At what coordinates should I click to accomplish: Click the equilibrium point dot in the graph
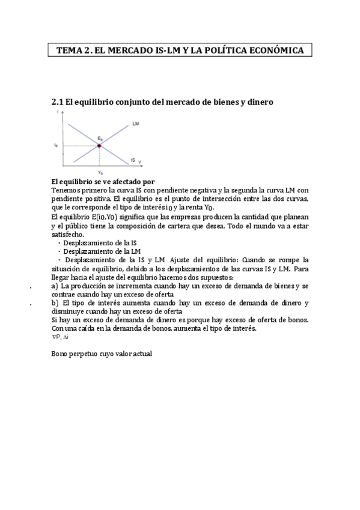99,146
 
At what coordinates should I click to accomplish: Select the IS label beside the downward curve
132,160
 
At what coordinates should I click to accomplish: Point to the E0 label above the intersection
100,139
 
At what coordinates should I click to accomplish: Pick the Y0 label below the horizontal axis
100,173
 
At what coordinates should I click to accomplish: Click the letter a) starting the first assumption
55,287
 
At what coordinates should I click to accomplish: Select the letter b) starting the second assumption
55,303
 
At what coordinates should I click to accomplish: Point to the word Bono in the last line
61,354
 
